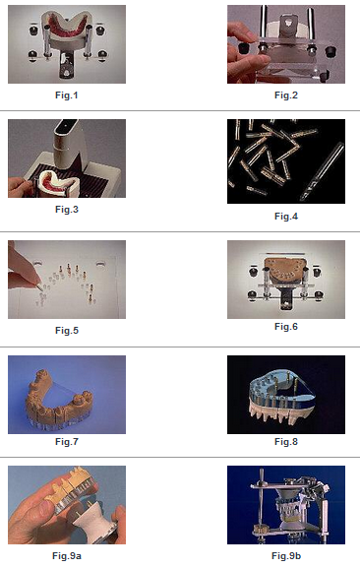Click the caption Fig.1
point(67,95)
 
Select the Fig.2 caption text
point(286,95)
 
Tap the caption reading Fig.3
point(67,210)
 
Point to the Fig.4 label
point(286,217)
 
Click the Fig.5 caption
point(67,331)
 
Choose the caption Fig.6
point(286,327)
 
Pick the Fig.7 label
point(67,442)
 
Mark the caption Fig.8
point(286,442)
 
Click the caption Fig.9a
point(67,555)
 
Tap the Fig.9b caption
point(286,555)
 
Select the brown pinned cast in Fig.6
point(286,271)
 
